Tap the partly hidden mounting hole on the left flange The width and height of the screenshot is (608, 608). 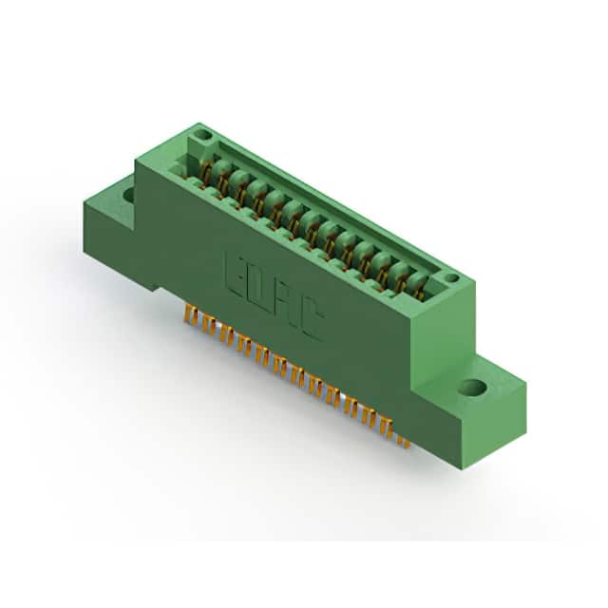129,194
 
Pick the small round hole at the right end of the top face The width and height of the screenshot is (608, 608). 451,277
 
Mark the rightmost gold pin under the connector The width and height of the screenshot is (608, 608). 406,442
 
